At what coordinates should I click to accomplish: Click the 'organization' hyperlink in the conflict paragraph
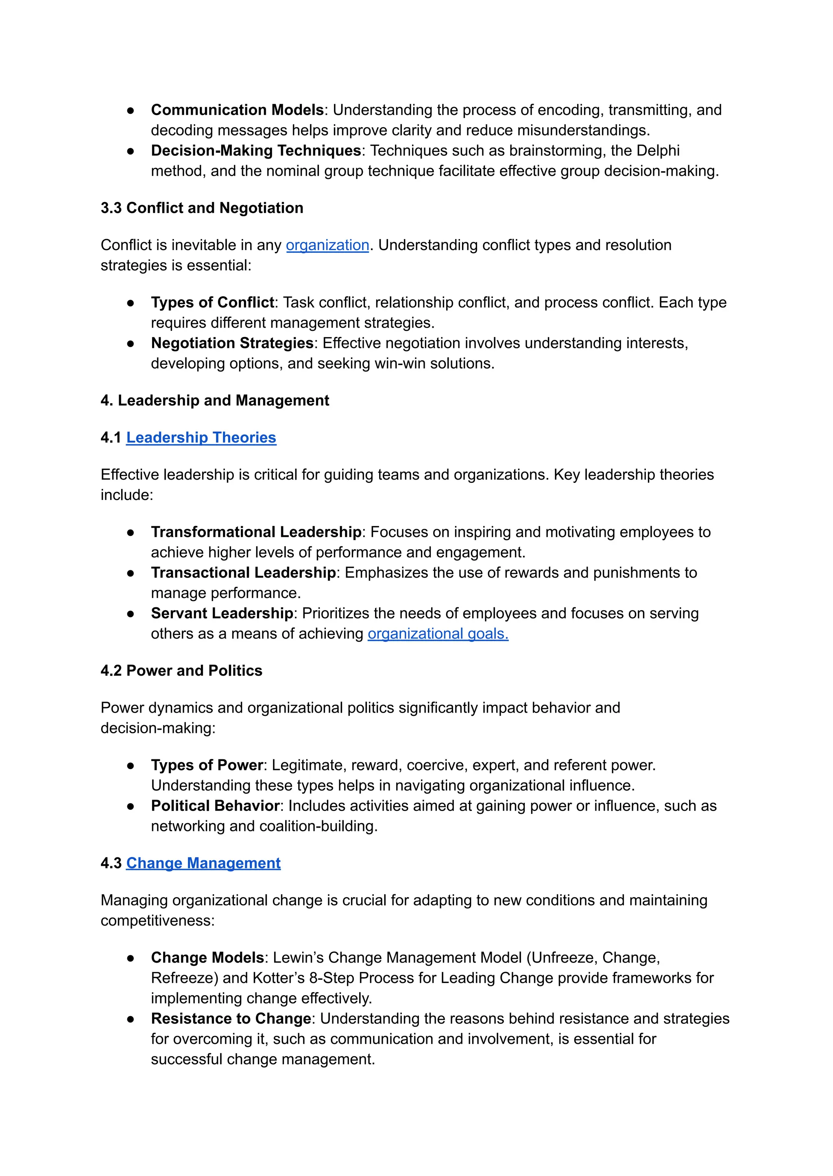coord(327,245)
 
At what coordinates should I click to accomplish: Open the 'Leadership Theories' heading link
coord(201,437)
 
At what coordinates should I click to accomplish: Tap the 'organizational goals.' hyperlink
coord(438,634)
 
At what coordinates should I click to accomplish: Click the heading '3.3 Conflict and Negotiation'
coord(202,208)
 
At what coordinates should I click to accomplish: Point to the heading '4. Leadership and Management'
coord(214,400)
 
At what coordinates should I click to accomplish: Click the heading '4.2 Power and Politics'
coord(181,671)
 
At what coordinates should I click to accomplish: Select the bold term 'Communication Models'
coord(237,110)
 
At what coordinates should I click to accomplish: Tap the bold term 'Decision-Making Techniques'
coord(256,151)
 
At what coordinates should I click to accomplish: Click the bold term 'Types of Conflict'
coord(212,302)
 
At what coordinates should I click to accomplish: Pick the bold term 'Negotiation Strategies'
coord(232,343)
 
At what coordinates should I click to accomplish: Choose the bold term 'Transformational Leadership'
coord(256,532)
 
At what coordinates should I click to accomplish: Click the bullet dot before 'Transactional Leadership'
coord(131,573)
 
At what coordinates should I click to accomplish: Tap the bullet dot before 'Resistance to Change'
coord(131,1019)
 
